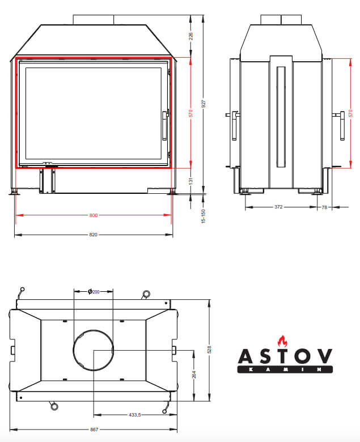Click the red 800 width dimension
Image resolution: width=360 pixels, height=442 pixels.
point(94,215)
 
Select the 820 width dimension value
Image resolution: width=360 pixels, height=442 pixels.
point(94,235)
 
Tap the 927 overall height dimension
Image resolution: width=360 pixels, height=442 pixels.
point(204,104)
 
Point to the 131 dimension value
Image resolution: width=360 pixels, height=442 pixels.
point(191,181)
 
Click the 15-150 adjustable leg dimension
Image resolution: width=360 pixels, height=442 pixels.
point(204,216)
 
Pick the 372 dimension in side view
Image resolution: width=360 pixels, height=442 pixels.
point(278,207)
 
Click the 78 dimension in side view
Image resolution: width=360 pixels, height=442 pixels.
point(324,207)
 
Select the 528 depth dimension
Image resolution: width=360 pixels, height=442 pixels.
point(209,350)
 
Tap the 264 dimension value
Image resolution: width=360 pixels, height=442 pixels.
point(194,375)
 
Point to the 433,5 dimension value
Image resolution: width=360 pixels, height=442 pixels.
point(135,415)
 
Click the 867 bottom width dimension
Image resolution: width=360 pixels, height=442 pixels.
point(94,430)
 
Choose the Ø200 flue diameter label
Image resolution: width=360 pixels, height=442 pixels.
point(94,291)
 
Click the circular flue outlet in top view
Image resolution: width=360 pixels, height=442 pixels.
point(94,330)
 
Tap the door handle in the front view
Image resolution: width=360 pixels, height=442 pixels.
point(165,125)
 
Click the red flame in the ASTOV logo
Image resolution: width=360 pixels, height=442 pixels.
point(282,341)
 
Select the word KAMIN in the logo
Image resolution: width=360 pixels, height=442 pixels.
point(285,369)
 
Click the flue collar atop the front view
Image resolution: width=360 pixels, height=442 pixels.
point(94,20)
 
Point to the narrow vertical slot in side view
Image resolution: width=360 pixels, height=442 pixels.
point(281,117)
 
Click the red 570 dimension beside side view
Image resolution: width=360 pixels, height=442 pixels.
point(350,113)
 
